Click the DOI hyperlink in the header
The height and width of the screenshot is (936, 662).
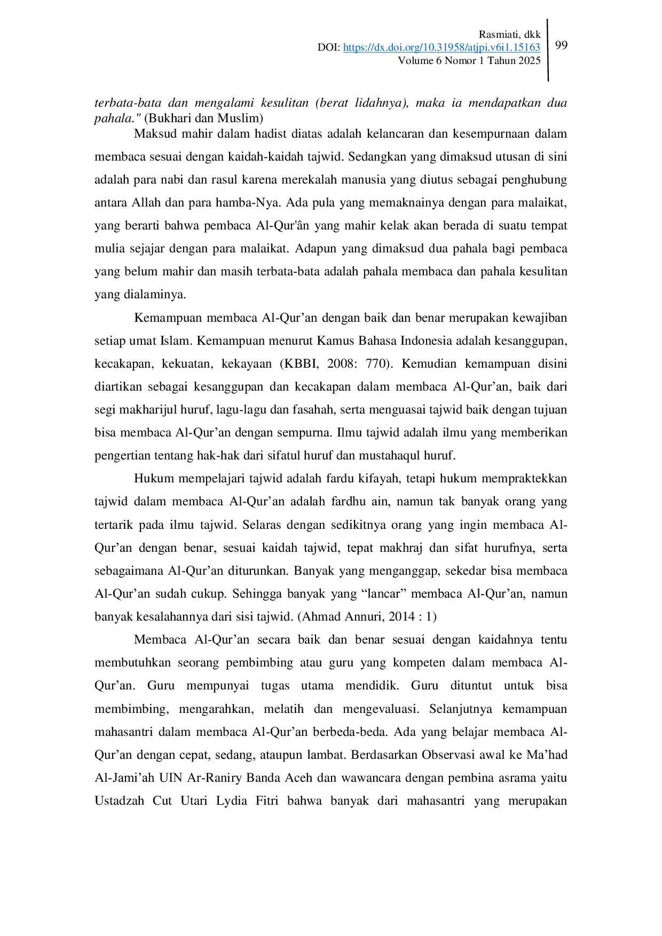[442, 47]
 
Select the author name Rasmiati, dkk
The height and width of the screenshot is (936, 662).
[509, 34]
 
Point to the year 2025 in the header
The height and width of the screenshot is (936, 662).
[529, 60]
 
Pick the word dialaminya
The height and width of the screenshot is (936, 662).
[155, 294]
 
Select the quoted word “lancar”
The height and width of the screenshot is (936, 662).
[383, 593]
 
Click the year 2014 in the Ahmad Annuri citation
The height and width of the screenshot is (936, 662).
[401, 616]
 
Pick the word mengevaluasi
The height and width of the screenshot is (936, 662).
[378, 709]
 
